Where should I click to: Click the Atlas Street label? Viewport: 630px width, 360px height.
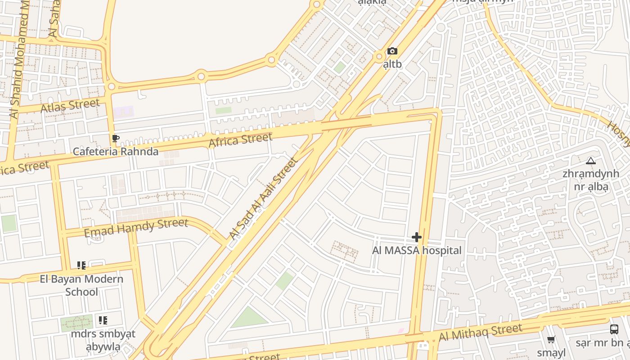pyautogui.click(x=70, y=106)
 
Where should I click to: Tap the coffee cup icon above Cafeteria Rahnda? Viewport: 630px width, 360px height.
pyautogui.click(x=115, y=139)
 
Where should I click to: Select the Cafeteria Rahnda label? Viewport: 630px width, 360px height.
pyautogui.click(x=116, y=152)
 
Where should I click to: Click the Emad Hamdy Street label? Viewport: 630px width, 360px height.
pyautogui.click(x=136, y=226)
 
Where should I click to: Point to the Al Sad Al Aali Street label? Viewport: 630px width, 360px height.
pyautogui.click(x=263, y=198)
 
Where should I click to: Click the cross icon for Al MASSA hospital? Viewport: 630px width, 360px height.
pyautogui.click(x=417, y=237)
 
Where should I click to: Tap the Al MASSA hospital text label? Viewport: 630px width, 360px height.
pyautogui.click(x=417, y=251)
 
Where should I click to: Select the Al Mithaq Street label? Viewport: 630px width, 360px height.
pyautogui.click(x=480, y=333)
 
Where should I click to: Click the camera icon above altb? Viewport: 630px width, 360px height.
pyautogui.click(x=392, y=51)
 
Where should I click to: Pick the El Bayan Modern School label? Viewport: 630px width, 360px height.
pyautogui.click(x=81, y=285)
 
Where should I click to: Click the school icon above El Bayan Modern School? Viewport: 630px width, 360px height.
pyautogui.click(x=81, y=265)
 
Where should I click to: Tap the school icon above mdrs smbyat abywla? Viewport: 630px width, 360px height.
pyautogui.click(x=103, y=320)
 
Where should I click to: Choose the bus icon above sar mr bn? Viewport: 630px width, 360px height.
pyautogui.click(x=614, y=329)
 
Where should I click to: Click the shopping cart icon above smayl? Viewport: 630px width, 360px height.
pyautogui.click(x=551, y=340)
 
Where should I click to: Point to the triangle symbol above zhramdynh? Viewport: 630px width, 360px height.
pyautogui.click(x=591, y=161)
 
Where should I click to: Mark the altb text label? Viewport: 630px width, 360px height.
pyautogui.click(x=392, y=64)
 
